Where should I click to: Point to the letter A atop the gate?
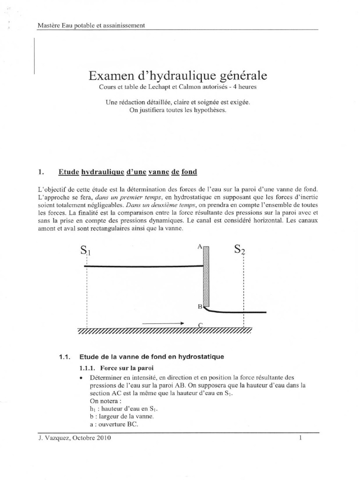tap(200, 246)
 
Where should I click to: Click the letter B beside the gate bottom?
tap(199, 306)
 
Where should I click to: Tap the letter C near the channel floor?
tap(200, 325)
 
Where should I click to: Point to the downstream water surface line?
tap(239, 312)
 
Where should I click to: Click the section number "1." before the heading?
tap(40, 172)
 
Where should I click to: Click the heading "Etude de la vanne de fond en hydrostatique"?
tap(151, 357)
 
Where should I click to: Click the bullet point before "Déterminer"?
tap(82, 378)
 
